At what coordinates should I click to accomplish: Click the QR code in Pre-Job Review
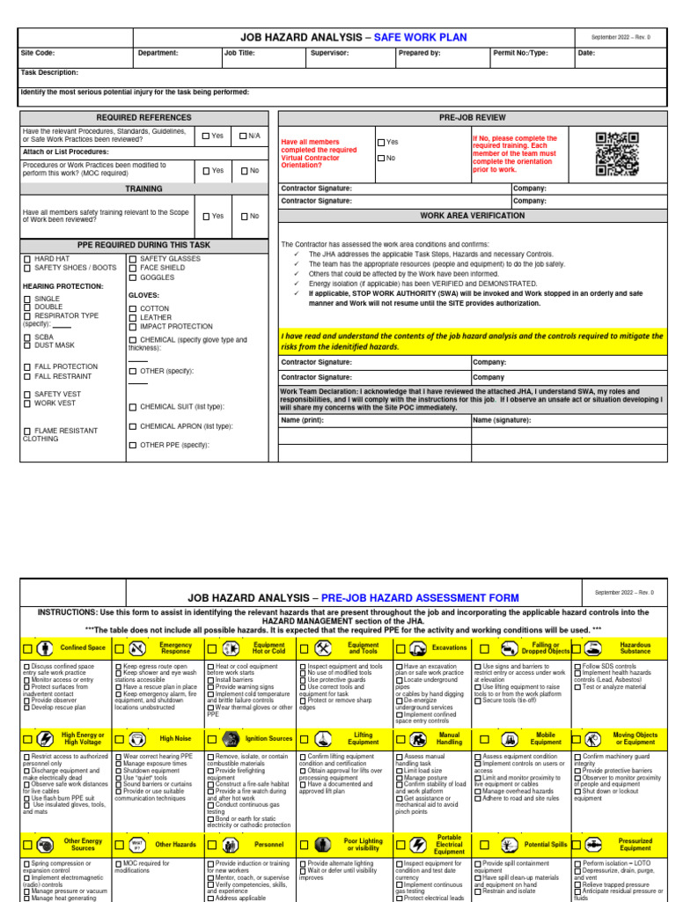(x=617, y=152)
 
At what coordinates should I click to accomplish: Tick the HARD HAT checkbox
(x=26, y=258)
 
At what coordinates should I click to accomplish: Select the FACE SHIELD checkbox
(x=133, y=268)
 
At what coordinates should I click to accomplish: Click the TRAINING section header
(x=143, y=189)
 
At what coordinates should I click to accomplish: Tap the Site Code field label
(x=38, y=53)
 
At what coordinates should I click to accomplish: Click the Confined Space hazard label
(x=83, y=647)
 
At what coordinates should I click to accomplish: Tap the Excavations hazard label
(x=449, y=647)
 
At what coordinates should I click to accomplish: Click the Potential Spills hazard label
(x=545, y=844)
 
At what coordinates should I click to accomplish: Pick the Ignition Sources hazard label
(x=269, y=738)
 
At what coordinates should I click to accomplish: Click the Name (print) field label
(x=303, y=420)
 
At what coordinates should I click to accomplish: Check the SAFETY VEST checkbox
(x=26, y=394)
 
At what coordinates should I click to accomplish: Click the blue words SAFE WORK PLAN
(x=421, y=38)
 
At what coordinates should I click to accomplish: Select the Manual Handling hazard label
(x=449, y=738)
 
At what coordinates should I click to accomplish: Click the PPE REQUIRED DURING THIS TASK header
(x=143, y=244)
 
